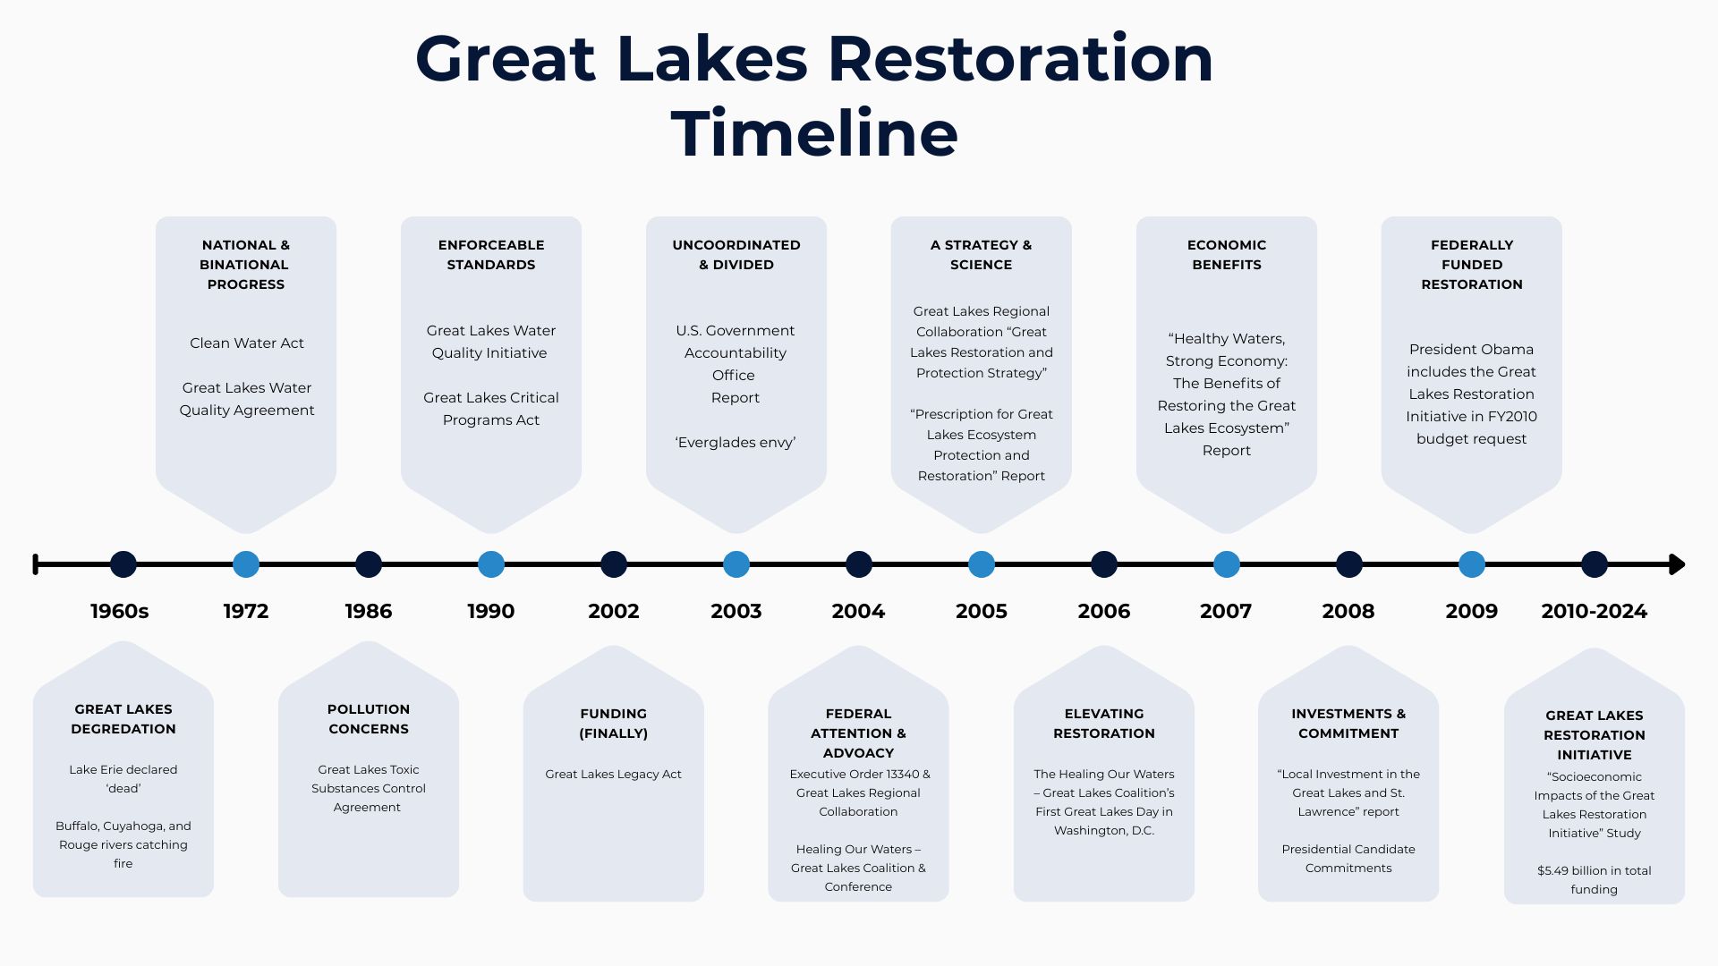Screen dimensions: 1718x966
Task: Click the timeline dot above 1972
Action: (x=246, y=564)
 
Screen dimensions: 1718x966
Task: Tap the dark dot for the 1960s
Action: (x=123, y=564)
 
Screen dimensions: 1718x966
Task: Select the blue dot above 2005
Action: (x=982, y=564)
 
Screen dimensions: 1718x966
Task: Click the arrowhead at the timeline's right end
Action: (x=1678, y=564)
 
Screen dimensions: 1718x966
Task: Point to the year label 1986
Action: (x=369, y=612)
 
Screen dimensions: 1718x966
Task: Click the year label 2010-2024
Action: (x=1595, y=612)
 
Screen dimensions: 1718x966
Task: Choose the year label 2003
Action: (x=736, y=612)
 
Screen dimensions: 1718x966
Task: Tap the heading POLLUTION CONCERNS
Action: (x=369, y=719)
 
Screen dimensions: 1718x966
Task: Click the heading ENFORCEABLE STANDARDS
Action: (x=491, y=255)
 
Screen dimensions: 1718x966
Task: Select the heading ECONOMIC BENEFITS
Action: (x=1227, y=255)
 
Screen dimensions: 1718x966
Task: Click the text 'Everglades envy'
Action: (x=736, y=443)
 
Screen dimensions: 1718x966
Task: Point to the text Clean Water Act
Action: (x=247, y=343)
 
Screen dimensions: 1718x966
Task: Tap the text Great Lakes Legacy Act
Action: (x=614, y=775)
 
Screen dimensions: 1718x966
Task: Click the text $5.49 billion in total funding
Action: (x=1595, y=880)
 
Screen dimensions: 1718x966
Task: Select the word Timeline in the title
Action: (x=814, y=134)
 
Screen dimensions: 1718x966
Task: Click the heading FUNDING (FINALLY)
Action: (x=614, y=724)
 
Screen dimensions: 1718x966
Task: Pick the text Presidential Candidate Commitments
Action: (x=1348, y=859)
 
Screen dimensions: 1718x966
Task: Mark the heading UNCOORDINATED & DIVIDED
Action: (x=736, y=255)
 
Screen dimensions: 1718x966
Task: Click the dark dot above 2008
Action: (x=1349, y=564)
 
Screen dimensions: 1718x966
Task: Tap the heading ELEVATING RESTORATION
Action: (x=1104, y=724)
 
